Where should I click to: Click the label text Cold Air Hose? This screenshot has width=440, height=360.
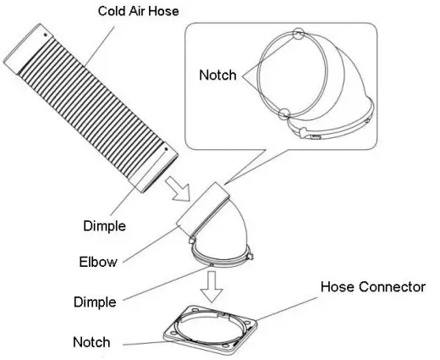point(138,11)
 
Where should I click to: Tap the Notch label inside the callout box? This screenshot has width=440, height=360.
point(217,75)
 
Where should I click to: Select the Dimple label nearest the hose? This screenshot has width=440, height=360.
point(104,226)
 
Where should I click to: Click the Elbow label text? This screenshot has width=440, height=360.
point(98,262)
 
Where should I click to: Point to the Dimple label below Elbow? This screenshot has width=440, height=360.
point(95,302)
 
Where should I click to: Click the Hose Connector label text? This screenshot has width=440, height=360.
point(373,286)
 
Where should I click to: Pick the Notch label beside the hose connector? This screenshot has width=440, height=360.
point(91,342)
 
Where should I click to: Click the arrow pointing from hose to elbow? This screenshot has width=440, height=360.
point(178,189)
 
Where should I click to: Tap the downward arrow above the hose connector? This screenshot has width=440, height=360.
point(212,286)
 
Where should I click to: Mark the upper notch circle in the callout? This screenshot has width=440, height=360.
point(298,34)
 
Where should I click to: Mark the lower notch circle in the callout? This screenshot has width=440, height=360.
point(284,114)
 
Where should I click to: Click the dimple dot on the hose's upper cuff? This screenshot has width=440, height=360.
point(45,35)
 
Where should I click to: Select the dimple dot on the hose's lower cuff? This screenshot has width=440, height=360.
point(166,149)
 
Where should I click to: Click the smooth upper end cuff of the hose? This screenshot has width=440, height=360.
point(28,49)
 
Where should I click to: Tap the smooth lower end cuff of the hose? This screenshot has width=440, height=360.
point(155,169)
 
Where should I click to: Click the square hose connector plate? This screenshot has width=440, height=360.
point(211,330)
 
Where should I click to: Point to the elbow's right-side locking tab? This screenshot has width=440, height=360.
point(250,257)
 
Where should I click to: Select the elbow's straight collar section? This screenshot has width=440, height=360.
point(202,209)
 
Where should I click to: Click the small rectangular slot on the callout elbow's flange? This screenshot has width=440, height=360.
point(316,137)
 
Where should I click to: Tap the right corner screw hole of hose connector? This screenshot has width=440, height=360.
point(248,324)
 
